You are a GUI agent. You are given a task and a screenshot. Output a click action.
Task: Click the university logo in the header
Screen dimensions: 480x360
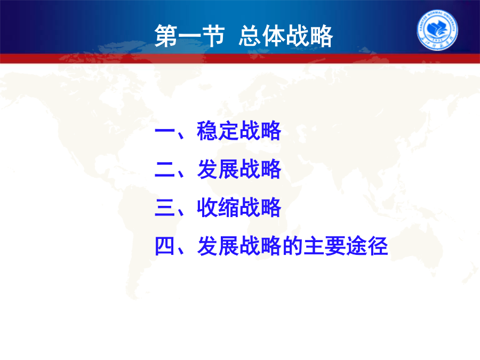[x=437, y=30]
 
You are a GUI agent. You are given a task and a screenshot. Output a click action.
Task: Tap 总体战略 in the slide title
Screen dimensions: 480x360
[x=286, y=36]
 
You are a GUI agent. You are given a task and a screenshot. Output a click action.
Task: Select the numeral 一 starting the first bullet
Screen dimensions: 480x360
[x=165, y=131]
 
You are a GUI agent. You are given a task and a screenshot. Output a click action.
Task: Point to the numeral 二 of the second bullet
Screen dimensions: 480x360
[x=165, y=169]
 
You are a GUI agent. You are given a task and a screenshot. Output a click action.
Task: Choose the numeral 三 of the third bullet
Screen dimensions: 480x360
[x=165, y=207]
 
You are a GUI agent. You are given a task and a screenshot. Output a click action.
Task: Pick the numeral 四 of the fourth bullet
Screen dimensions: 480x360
[x=165, y=246]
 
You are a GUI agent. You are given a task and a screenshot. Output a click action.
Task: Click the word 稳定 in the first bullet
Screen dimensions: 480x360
[x=218, y=131]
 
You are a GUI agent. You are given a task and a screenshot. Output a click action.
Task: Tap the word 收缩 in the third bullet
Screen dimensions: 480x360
[x=218, y=207]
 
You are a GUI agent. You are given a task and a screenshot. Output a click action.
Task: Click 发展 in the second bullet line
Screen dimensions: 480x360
[x=218, y=169]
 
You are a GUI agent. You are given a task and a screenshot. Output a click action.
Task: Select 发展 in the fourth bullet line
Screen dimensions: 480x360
[x=218, y=246]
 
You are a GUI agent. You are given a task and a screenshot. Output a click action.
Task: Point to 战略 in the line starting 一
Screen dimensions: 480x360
[x=260, y=131]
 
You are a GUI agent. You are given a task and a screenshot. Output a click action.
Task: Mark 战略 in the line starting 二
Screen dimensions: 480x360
[x=260, y=169]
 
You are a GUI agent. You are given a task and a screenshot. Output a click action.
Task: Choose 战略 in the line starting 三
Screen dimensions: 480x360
[x=260, y=207]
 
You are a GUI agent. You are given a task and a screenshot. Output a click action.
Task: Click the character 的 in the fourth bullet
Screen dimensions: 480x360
[x=292, y=246]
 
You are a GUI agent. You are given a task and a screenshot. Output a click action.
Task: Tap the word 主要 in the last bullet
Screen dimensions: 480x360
[x=324, y=246]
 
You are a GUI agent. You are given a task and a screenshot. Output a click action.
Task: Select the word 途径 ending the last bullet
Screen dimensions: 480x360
[x=367, y=246]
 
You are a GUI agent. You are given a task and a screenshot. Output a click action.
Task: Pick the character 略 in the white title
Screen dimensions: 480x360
[x=322, y=36]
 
